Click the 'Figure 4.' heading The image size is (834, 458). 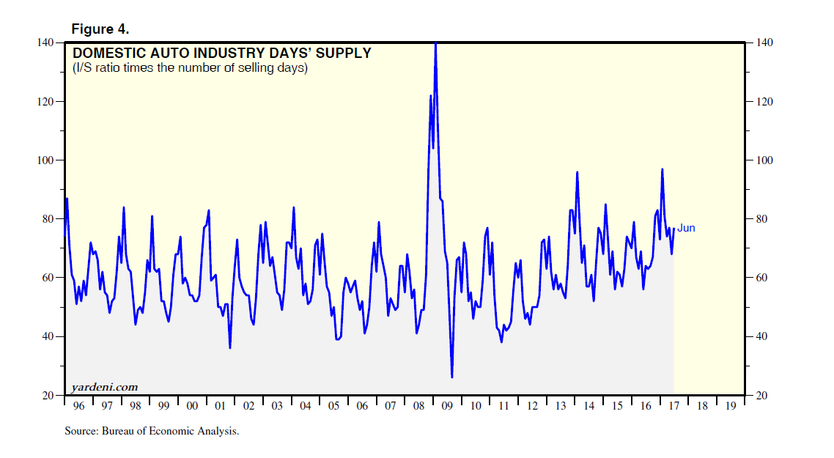click(x=100, y=29)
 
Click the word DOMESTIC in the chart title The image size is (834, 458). click(x=107, y=53)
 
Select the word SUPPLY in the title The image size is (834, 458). click(x=344, y=53)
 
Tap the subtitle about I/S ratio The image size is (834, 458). click(x=189, y=68)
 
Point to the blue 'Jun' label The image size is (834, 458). click(x=686, y=228)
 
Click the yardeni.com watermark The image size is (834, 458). click(x=104, y=386)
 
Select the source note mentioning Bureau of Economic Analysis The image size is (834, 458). click(x=152, y=432)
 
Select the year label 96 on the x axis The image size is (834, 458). click(x=78, y=406)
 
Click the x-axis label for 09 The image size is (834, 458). click(x=447, y=406)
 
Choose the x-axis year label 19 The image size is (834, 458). click(x=731, y=406)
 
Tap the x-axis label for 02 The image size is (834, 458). click(x=248, y=406)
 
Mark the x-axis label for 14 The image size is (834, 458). click(x=588, y=406)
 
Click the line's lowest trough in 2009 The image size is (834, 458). click(x=451, y=377)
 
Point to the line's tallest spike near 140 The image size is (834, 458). click(x=435, y=44)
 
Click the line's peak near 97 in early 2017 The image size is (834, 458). click(x=662, y=169)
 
